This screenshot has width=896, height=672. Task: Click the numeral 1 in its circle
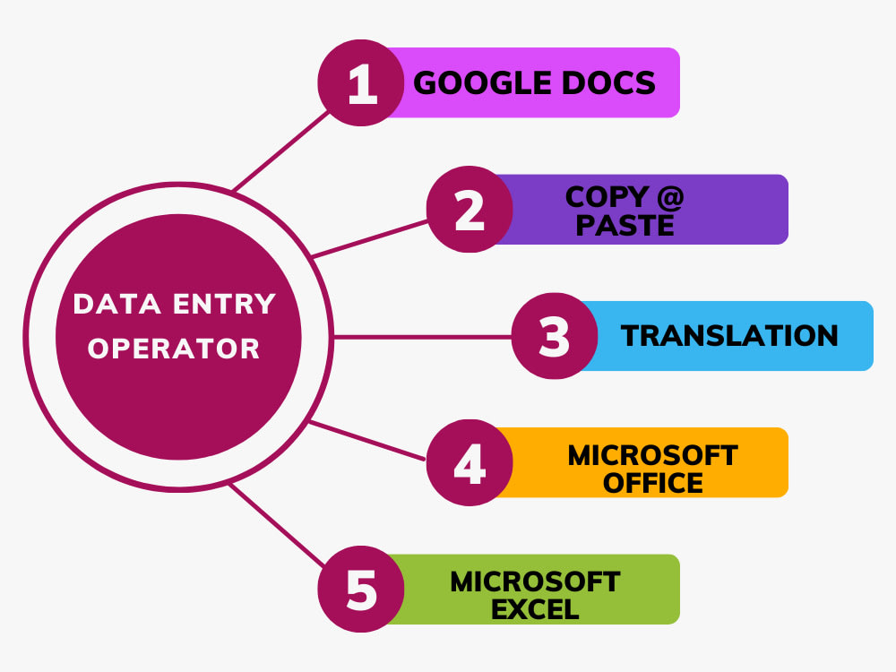[362, 83]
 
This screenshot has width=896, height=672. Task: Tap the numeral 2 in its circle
[470, 211]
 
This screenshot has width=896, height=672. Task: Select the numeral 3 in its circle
[555, 337]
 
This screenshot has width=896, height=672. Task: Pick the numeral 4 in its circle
[470, 463]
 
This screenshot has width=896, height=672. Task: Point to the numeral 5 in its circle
[362, 590]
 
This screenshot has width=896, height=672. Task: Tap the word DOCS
[608, 82]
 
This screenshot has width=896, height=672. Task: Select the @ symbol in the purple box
[670, 197]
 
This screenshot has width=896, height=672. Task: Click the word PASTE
[625, 225]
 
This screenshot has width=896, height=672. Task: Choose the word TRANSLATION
[729, 336]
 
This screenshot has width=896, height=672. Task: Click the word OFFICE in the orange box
[652, 484]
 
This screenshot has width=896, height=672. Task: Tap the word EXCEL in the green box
[536, 609]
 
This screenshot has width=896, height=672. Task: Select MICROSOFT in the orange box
[652, 456]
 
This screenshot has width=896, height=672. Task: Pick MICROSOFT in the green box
[536, 582]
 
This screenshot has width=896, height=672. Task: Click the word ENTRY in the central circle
[225, 304]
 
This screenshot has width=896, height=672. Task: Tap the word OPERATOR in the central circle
[174, 349]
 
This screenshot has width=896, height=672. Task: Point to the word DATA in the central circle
[117, 304]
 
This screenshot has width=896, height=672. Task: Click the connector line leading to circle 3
[422, 337]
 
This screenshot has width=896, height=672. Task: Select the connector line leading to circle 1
[281, 151]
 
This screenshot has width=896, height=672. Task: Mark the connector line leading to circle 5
[277, 525]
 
